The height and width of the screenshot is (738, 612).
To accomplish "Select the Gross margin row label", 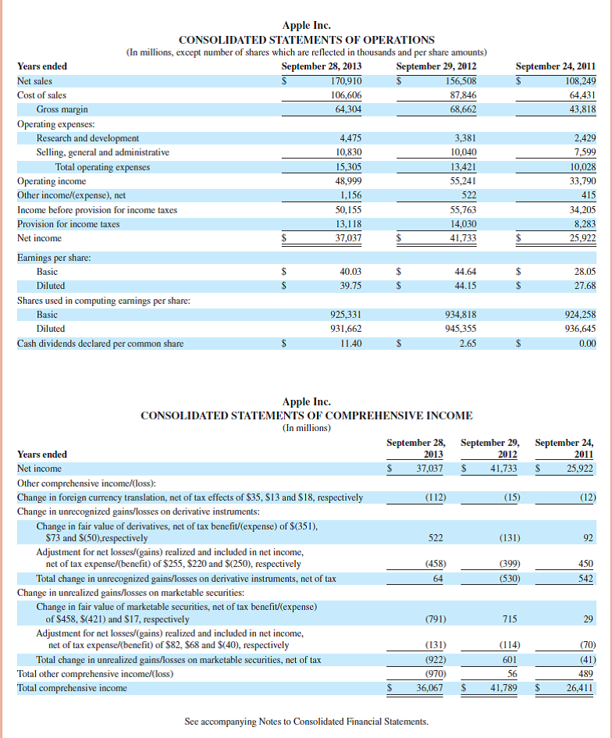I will click(62, 109).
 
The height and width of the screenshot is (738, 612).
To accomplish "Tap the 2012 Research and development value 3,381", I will click(465, 138).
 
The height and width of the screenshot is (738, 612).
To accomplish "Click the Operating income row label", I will click(52, 181).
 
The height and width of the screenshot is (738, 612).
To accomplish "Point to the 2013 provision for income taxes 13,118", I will click(346, 224).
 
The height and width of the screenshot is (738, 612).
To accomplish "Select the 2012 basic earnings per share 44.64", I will click(465, 271).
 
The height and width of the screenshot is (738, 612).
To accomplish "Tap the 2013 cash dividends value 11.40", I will click(350, 343).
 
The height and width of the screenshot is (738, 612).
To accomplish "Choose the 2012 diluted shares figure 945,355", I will click(461, 329).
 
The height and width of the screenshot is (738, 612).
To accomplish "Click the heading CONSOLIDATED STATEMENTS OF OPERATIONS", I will click(307, 40).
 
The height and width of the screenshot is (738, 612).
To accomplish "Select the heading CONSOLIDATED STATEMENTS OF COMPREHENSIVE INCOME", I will click(306, 415).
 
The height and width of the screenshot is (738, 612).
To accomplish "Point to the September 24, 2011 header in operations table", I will click(556, 66).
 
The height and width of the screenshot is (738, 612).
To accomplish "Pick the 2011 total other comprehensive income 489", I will click(585, 673).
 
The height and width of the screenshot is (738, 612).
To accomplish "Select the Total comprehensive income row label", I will click(72, 688).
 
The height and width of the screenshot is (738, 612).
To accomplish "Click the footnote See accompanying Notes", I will click(306, 722).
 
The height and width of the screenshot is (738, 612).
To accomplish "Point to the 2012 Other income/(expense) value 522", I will click(469, 195).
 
